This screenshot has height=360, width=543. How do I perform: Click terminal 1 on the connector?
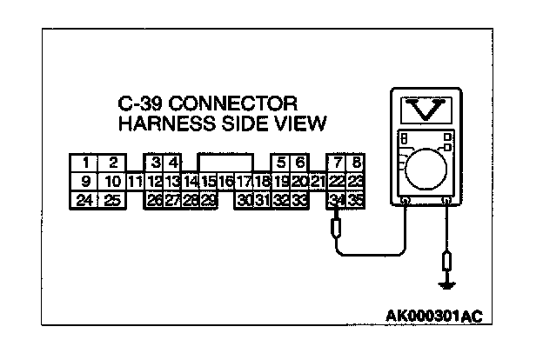(85, 163)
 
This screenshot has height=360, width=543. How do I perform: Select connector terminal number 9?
(85, 181)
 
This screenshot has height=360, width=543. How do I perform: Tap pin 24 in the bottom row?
(85, 200)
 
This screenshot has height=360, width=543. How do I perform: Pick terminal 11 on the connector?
(134, 181)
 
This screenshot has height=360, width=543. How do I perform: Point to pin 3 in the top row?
(155, 163)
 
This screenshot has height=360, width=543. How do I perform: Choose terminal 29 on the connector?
(209, 200)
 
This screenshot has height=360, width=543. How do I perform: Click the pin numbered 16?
(226, 181)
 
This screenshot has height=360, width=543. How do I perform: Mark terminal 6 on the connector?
(298, 163)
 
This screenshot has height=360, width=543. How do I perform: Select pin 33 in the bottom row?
(298, 200)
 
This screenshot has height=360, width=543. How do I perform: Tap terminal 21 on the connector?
(318, 181)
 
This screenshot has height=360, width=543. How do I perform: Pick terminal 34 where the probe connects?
(337, 200)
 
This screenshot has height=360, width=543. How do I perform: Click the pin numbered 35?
(354, 200)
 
